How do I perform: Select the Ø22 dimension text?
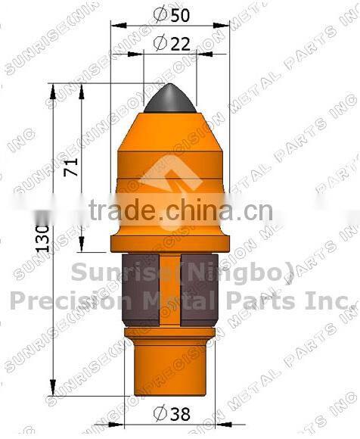tap(171, 44)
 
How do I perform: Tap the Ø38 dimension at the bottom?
tap(171, 413)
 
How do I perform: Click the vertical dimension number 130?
tap(43, 238)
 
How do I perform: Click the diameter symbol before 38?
tap(158, 413)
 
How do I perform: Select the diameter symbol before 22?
tap(159, 44)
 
